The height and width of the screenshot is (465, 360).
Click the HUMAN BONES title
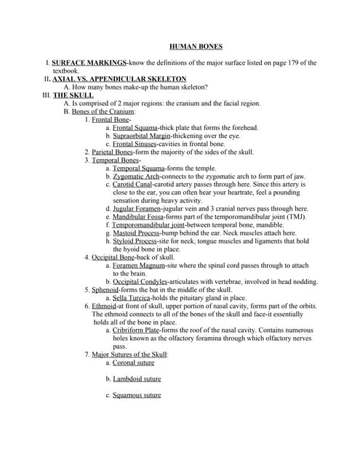[191, 46]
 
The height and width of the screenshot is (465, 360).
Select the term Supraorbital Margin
[142, 136]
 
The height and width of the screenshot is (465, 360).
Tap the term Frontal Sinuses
[136, 144]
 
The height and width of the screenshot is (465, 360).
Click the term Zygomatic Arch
[136, 177]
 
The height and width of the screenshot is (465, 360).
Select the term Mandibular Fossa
[137, 217]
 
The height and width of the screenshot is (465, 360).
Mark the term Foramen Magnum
[137, 266]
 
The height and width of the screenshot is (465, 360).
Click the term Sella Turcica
[132, 298]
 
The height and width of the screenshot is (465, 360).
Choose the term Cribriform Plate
[137, 330]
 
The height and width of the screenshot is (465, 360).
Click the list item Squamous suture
[137, 395]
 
